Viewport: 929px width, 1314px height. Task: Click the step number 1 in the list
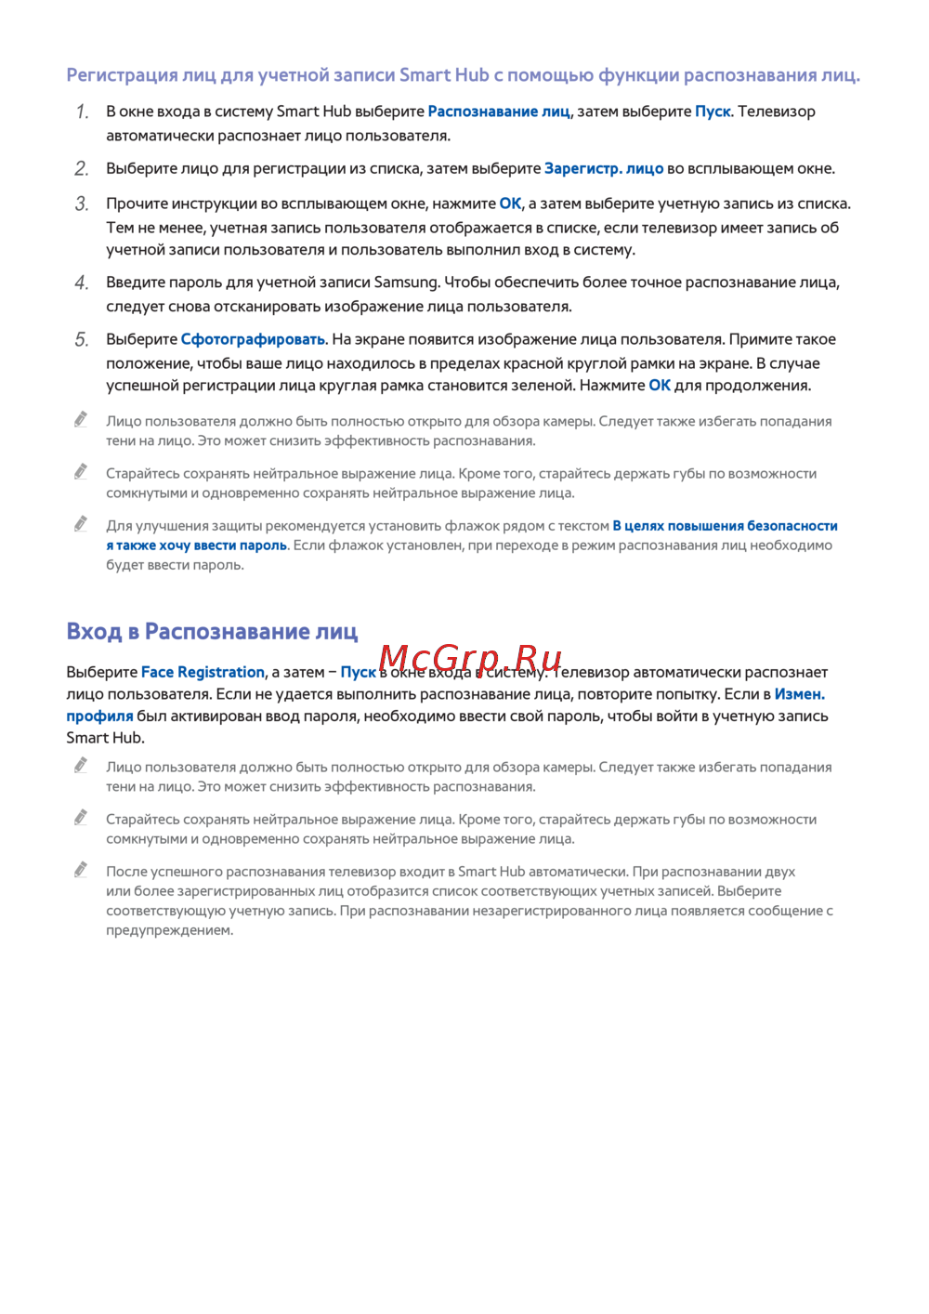pos(83,112)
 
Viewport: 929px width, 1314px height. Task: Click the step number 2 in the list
pos(82,169)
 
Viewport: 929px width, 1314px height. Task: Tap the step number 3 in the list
pos(82,204)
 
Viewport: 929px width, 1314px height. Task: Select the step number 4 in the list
pos(82,283)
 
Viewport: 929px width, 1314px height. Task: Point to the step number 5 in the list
pos(82,340)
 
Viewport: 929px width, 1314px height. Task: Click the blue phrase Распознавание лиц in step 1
pos(499,112)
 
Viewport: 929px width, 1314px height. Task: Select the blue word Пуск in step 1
pos(713,112)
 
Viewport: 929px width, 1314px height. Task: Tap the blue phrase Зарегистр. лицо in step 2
pos(604,168)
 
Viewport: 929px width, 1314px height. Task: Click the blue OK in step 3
pos(511,204)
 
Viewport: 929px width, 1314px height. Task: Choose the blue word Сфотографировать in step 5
pos(254,339)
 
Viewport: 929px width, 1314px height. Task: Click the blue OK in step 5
pos(660,385)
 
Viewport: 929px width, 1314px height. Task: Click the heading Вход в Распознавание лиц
pos(212,632)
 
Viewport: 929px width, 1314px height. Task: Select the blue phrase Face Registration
pos(203,672)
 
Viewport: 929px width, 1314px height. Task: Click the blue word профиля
pos(99,716)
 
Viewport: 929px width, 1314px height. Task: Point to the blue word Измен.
pos(799,694)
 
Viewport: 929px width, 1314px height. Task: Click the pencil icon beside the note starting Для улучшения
pos(82,524)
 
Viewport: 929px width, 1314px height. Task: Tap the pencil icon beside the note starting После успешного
pos(82,870)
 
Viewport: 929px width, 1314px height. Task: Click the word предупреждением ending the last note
pos(169,930)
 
